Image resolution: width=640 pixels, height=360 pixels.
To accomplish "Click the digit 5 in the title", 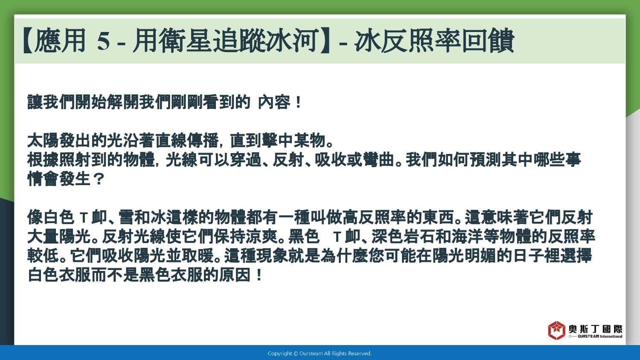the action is point(103,41).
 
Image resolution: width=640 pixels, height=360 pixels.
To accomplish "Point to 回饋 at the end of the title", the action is point(488,41).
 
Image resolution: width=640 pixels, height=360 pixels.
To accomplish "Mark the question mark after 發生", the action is point(99,179).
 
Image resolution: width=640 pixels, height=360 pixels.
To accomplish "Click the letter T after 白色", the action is point(84,218).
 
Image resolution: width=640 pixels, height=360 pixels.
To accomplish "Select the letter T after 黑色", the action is point(337,237).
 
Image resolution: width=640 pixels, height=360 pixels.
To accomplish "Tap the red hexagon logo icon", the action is point(556,330).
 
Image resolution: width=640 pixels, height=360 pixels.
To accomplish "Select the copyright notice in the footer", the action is point(320,354).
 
